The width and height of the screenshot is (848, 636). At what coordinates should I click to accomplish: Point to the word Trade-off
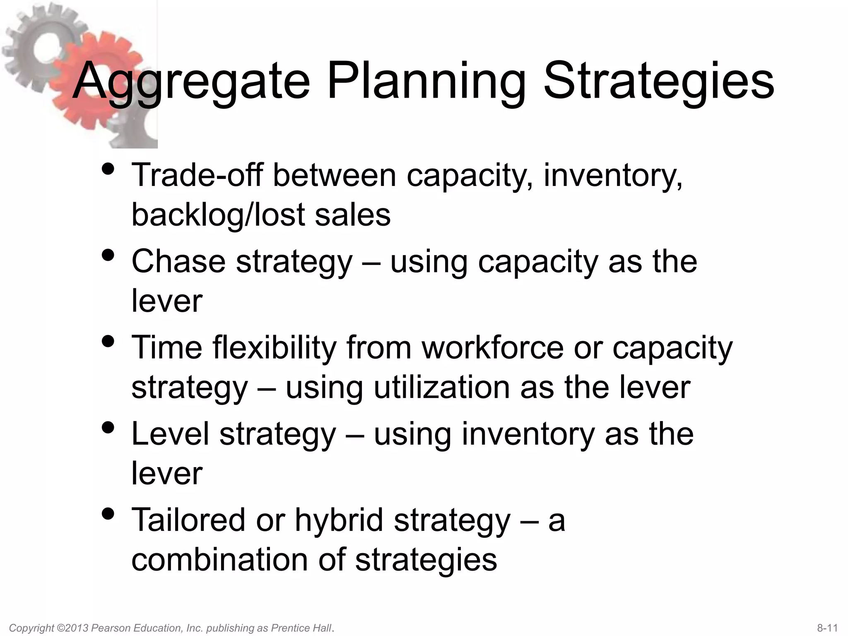pos(197,175)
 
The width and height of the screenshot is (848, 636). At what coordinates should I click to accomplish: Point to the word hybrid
pos(339,520)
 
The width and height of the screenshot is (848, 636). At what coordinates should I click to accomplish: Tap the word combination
pos(220,560)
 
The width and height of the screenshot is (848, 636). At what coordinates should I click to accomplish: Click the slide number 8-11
pos(827,628)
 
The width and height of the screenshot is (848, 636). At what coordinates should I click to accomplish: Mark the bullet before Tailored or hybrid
pos(108,514)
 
